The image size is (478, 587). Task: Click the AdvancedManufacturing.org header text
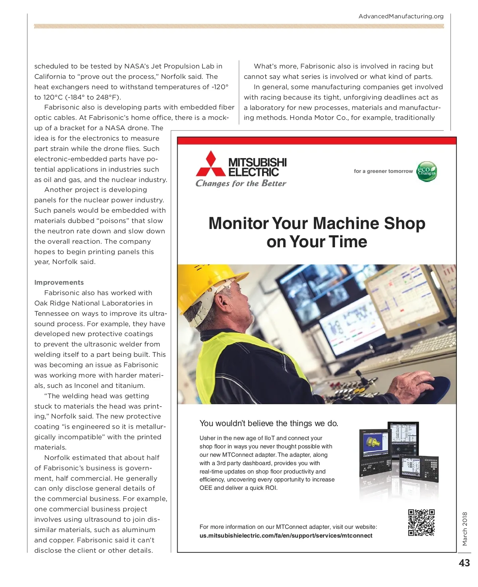401,16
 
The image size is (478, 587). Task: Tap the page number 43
464,563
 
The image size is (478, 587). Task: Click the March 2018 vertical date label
465,528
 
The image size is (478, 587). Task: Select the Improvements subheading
59,282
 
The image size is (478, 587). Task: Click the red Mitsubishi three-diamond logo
210,164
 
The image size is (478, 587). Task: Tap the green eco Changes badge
427,171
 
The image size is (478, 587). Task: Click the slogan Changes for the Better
241,183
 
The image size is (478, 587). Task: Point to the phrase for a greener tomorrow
383,171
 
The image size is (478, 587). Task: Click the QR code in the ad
421,522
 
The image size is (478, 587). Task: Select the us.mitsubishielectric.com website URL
286,536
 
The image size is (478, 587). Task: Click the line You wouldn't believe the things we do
269,423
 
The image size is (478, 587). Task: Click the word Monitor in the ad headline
239,223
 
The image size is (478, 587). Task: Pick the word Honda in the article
301,117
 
